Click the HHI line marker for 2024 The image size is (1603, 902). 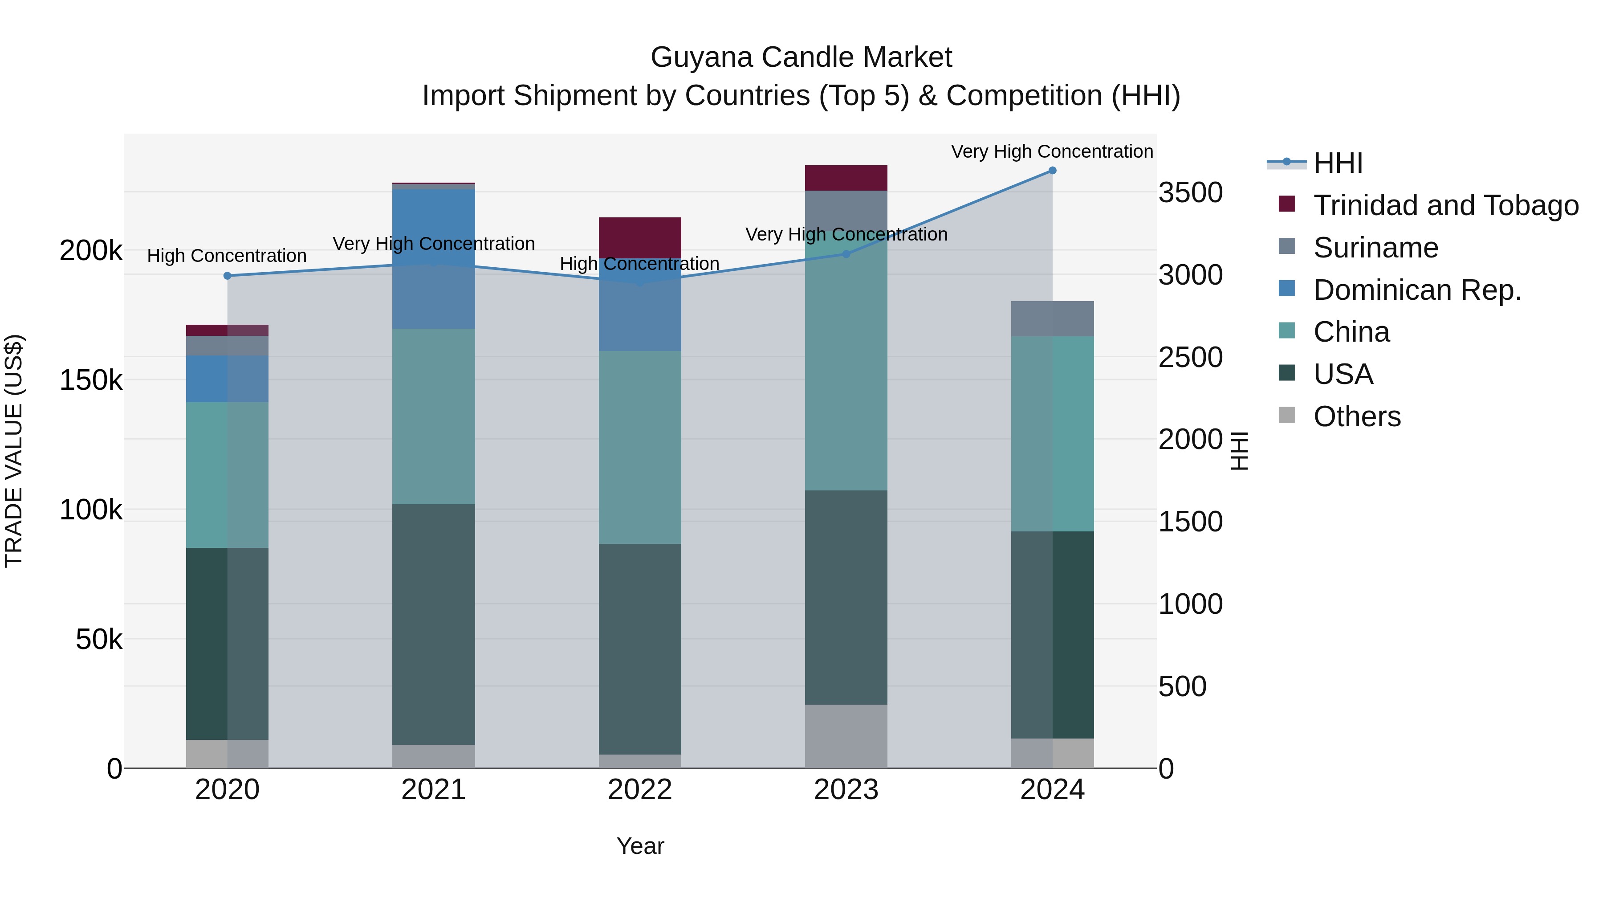(1052, 171)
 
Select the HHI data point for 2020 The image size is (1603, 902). (227, 276)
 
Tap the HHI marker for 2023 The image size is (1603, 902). (846, 254)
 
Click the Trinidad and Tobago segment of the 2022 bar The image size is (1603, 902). (640, 237)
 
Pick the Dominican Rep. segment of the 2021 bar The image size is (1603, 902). (434, 258)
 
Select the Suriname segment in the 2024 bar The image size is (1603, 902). (1052, 319)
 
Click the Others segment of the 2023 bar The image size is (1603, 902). (846, 736)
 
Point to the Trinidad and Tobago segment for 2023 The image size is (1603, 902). (846, 178)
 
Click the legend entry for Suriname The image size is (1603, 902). (1375, 248)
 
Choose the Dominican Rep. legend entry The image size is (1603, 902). (1417, 290)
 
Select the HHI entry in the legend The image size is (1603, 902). (1338, 163)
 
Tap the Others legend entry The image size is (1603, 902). (1357, 416)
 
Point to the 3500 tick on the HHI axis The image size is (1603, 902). (1190, 192)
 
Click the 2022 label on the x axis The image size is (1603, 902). (640, 790)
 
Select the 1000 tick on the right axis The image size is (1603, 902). (1190, 604)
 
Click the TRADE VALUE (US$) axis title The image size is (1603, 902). (14, 451)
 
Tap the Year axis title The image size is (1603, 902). (640, 846)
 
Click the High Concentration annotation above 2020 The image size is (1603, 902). (227, 256)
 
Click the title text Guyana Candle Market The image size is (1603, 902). (801, 57)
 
